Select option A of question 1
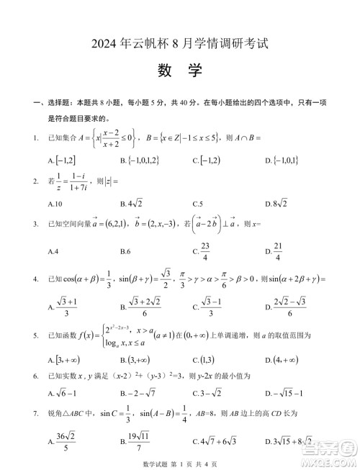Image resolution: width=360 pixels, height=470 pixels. pyautogui.click(x=63, y=159)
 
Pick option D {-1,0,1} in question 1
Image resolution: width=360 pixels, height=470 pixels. pyautogui.click(x=282, y=159)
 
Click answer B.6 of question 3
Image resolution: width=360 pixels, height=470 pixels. pyautogui.click(x=125, y=250)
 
